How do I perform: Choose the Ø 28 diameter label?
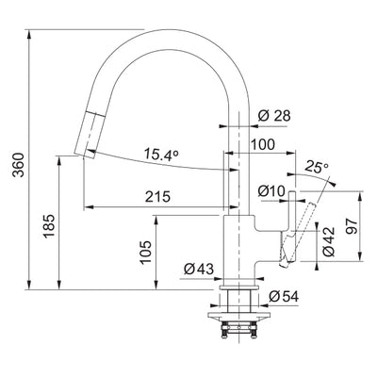coord(274,115)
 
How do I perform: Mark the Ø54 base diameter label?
coord(284,297)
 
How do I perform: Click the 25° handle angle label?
coord(318,169)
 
